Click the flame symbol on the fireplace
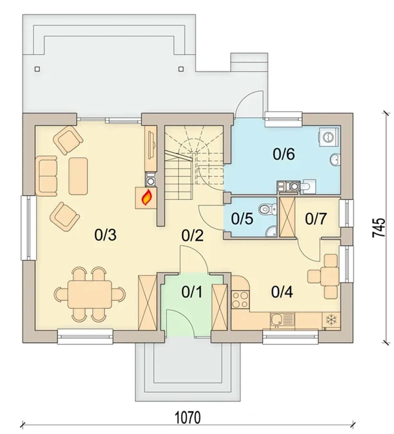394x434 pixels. (147, 197)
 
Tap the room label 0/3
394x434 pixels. (106, 235)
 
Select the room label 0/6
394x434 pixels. (284, 154)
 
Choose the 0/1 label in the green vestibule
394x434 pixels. (192, 292)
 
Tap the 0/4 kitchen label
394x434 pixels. (282, 292)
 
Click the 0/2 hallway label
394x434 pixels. (193, 236)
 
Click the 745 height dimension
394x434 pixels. (379, 228)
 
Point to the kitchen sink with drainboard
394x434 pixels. (282, 321)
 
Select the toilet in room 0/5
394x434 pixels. (268, 209)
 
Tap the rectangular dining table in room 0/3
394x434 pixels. (90, 294)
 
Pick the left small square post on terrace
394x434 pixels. (37, 69)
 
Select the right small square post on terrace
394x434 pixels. (181, 69)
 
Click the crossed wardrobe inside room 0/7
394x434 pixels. (287, 217)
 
